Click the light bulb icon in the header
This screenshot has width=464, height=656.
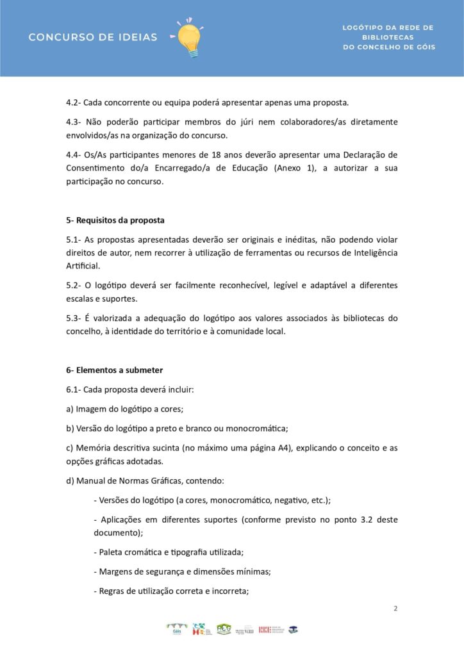tap(189, 38)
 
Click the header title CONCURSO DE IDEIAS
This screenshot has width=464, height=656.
tap(93, 37)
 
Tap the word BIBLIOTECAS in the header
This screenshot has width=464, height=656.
tap(388, 37)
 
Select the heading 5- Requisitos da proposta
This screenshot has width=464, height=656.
tap(115, 220)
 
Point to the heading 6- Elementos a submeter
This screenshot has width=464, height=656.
tap(114, 370)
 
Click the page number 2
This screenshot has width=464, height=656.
tap(395, 608)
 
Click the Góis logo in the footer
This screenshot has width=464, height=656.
tap(177, 629)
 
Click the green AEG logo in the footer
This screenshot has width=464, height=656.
tap(224, 629)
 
